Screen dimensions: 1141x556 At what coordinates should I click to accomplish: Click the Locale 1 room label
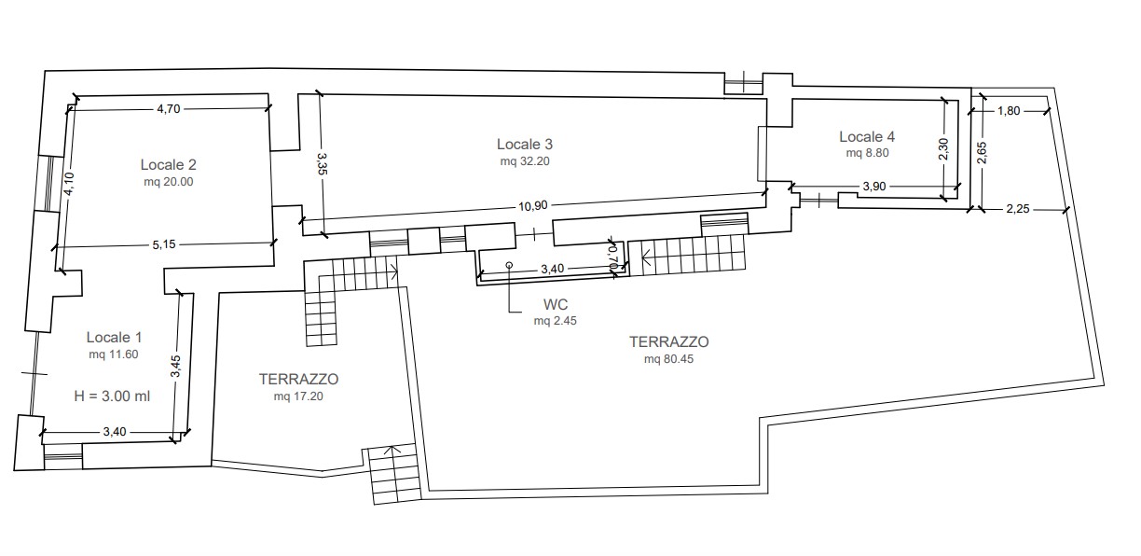(x=114, y=338)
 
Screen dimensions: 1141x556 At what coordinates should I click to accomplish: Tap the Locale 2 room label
(x=168, y=164)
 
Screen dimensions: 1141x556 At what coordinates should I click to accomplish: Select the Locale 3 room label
(x=525, y=145)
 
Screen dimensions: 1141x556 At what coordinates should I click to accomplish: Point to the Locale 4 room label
(x=867, y=136)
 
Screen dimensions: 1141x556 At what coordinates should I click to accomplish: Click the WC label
(x=556, y=305)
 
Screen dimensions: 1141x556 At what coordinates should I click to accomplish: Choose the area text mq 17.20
(x=298, y=396)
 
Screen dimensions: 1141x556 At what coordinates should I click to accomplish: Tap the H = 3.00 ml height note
(x=112, y=396)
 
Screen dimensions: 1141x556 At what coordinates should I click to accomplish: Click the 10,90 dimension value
(x=533, y=206)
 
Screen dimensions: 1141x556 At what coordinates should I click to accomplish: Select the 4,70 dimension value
(x=169, y=109)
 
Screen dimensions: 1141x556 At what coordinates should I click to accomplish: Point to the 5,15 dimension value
(x=164, y=244)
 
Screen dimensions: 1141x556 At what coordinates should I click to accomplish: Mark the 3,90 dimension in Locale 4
(x=874, y=187)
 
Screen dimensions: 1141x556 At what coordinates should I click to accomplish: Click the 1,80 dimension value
(x=1009, y=111)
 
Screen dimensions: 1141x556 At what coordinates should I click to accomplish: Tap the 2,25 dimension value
(x=1018, y=209)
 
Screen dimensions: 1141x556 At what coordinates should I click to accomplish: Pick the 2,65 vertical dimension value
(x=983, y=152)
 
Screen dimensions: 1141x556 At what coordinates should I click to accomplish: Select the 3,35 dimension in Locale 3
(x=322, y=163)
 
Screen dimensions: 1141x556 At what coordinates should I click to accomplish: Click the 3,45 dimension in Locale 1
(x=175, y=366)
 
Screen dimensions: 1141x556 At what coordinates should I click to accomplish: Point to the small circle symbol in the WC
(x=509, y=265)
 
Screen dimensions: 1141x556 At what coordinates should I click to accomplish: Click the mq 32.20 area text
(x=525, y=161)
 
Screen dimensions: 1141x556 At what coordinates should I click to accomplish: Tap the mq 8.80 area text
(x=867, y=153)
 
